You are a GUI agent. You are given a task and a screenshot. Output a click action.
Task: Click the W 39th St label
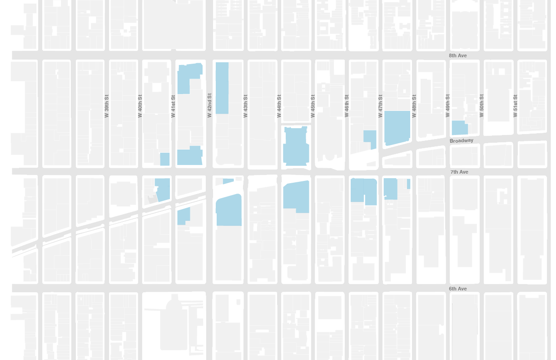tap(107, 106)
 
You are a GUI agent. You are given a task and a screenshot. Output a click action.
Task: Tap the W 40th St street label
tap(140, 106)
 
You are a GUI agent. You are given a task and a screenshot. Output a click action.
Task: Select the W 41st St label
tap(173, 106)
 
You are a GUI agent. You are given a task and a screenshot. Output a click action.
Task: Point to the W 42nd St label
tap(209, 105)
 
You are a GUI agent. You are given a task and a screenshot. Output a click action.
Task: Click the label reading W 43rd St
tap(245, 106)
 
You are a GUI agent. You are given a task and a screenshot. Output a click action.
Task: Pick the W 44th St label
tap(279, 106)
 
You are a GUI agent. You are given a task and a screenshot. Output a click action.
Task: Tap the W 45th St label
tap(313, 106)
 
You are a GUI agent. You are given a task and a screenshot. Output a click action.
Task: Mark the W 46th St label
tap(347, 106)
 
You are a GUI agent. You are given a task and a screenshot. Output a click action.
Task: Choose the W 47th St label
tap(380, 106)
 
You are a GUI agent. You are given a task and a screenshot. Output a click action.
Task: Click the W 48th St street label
tap(414, 106)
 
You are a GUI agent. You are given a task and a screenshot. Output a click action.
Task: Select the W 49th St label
tap(447, 106)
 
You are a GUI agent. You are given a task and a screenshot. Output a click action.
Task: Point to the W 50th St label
tap(482, 106)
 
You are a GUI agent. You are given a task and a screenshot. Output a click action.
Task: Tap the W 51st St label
tap(515, 106)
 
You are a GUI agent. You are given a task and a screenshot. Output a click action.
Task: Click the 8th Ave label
tap(458, 55)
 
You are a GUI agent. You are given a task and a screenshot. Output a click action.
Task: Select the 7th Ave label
tap(459, 172)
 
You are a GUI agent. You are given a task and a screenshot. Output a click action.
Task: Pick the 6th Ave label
tap(458, 289)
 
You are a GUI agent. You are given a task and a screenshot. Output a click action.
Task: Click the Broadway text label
tap(462, 141)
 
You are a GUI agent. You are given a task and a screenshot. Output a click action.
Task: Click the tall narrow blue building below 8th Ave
tap(222, 88)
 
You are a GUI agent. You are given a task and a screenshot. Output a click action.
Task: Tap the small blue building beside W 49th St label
tap(459, 128)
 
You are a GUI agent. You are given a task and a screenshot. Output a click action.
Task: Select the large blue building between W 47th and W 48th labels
tap(397, 127)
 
